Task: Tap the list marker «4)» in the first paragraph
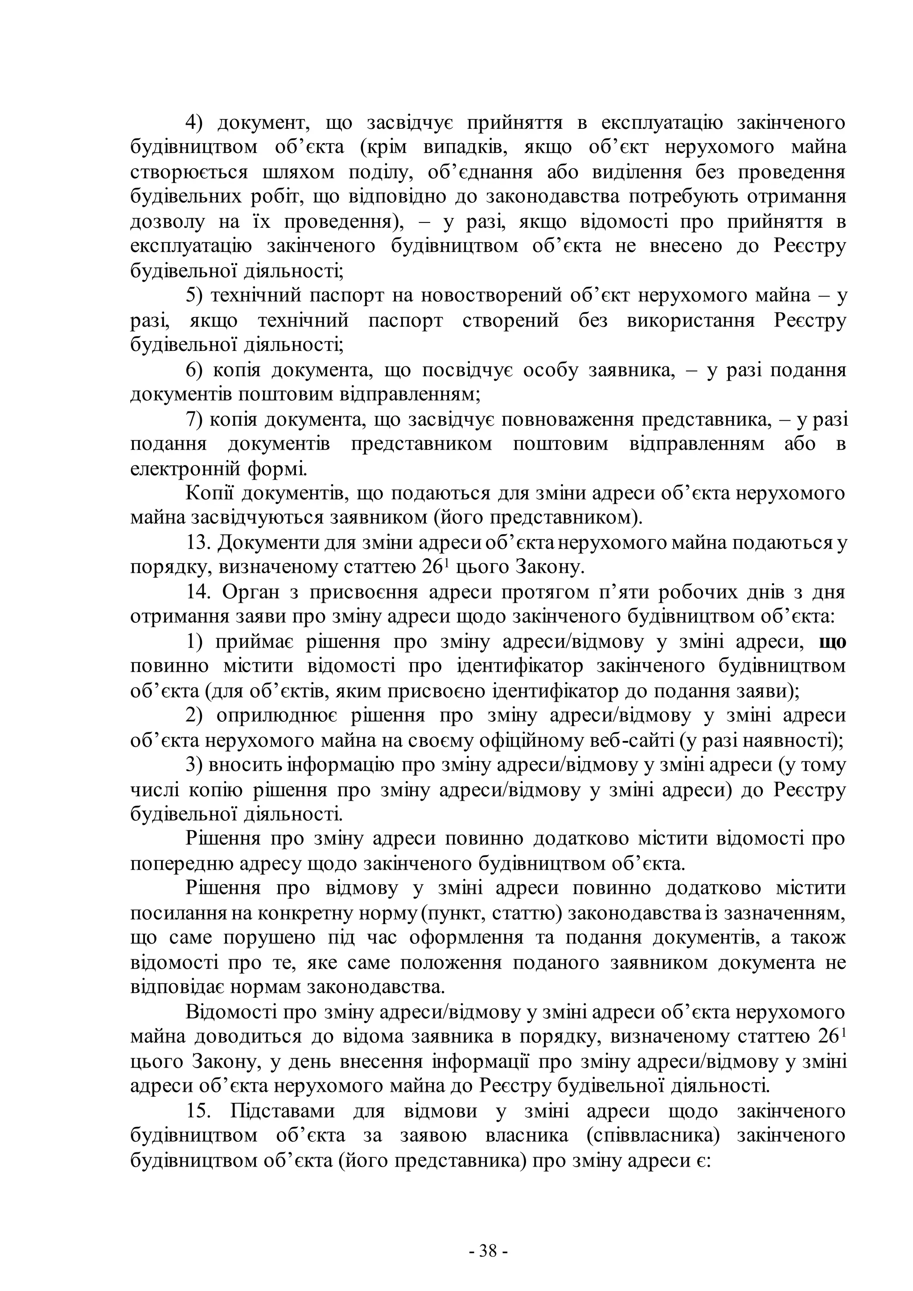coord(197,123)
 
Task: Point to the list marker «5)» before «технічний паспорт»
coord(197,296)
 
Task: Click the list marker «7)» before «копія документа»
coord(196,419)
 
